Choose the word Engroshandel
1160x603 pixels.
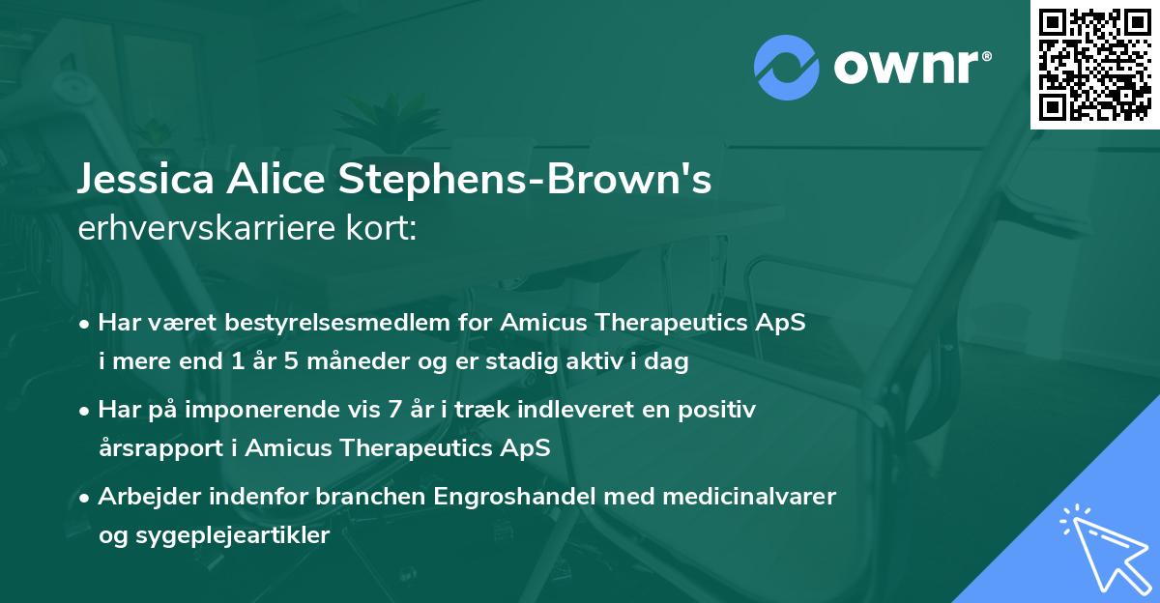coord(494,496)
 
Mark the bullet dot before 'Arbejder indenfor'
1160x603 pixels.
coord(86,497)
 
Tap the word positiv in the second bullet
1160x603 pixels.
coord(721,410)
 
